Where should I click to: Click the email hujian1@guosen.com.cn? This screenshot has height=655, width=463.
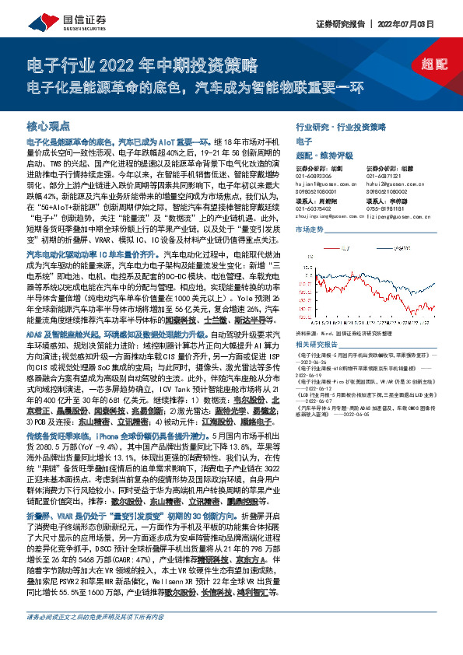coord(325,184)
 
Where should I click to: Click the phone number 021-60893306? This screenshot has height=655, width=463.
coord(314,177)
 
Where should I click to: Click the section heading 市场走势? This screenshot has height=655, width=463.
coord(309,230)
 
